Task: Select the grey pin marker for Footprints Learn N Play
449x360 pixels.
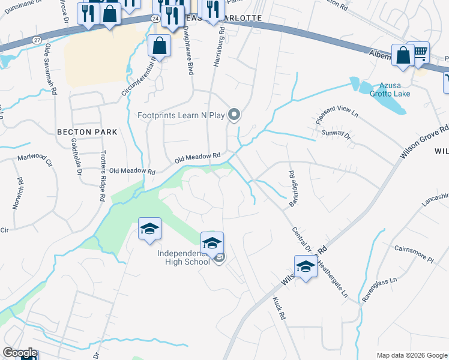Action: click(235, 114)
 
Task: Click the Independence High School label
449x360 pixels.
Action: click(183, 257)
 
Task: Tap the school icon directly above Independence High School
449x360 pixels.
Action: click(212, 243)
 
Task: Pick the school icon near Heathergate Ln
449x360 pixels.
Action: click(306, 266)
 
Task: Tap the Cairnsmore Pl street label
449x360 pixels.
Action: click(414, 253)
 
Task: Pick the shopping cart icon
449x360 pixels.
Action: click(421, 53)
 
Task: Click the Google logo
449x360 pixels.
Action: click(20, 352)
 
